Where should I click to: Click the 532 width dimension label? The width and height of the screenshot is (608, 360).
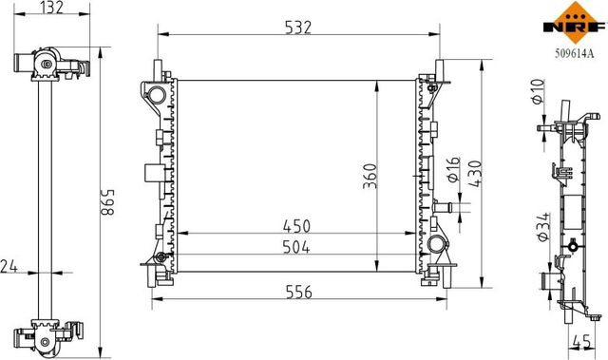click(297, 28)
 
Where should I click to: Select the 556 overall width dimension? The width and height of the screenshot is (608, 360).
click(298, 292)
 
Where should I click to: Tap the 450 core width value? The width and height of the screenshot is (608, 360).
click(296, 227)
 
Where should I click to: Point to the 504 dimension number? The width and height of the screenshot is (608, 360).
click(296, 247)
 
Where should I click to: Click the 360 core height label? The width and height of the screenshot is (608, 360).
click(370, 177)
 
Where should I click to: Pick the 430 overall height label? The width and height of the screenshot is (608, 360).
click(475, 174)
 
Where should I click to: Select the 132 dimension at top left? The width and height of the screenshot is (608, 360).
click(52, 8)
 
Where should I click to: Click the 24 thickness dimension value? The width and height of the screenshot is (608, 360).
click(9, 267)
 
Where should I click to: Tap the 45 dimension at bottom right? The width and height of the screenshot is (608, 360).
click(581, 342)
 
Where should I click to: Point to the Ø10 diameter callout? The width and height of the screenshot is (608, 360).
click(538, 92)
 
